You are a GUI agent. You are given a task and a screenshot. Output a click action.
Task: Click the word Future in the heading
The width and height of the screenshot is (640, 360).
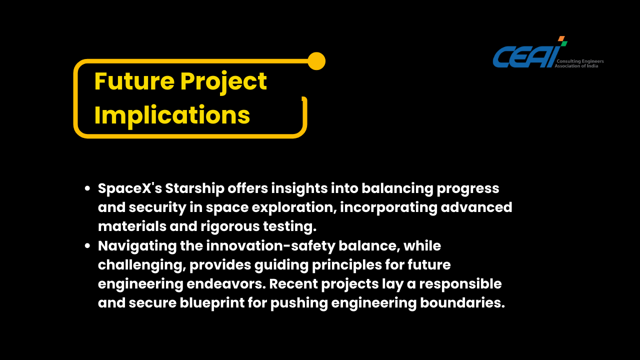(x=134, y=81)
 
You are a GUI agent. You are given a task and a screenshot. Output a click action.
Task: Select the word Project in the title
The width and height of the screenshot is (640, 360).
(x=223, y=83)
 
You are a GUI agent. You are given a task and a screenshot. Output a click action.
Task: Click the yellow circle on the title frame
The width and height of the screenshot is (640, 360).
(x=316, y=61)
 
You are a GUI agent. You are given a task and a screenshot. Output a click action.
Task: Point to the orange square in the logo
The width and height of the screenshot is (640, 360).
(x=561, y=38)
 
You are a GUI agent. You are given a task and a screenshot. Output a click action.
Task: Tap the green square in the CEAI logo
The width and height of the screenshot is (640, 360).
(x=564, y=43)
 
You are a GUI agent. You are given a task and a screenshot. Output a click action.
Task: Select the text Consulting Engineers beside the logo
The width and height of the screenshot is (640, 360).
(x=580, y=61)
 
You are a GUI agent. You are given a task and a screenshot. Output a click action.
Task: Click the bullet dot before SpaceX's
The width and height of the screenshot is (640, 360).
(x=87, y=188)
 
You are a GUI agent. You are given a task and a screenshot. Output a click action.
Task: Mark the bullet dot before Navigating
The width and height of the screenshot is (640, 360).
(x=87, y=245)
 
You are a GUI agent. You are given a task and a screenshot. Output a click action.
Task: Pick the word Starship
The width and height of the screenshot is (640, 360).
(x=195, y=189)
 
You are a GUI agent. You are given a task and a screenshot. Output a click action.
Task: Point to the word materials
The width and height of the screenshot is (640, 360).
(x=132, y=226)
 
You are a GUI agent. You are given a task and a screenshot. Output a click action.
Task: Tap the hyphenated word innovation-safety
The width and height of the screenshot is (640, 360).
(x=270, y=246)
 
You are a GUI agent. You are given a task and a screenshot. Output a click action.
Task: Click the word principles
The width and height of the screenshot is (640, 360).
(x=347, y=265)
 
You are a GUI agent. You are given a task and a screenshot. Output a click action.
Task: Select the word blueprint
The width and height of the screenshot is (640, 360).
(x=212, y=303)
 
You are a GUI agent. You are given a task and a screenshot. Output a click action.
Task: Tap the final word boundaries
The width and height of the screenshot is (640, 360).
(x=462, y=303)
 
